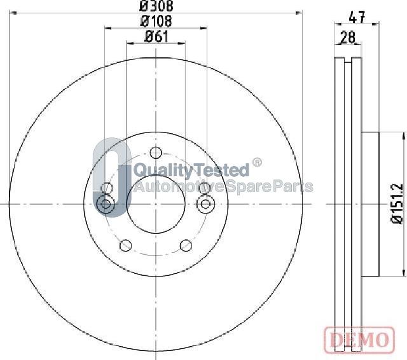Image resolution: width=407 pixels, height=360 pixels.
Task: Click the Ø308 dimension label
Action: tap(156, 6)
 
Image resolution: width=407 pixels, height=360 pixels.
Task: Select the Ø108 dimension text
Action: tap(156, 22)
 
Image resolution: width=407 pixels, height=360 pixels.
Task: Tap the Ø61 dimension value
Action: tap(156, 36)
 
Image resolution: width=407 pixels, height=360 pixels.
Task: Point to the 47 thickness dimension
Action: tap(357, 17)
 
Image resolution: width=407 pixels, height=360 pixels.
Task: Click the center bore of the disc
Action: tap(156, 204)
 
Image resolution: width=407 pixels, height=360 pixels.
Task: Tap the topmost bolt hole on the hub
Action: tap(156, 152)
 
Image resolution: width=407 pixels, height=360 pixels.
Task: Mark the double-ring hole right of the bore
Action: tap(205, 204)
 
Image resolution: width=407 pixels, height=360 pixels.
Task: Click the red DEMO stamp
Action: tap(359, 339)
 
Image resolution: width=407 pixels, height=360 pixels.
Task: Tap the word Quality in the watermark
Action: tap(159, 170)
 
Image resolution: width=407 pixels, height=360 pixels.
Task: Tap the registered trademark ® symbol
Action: tap(257, 162)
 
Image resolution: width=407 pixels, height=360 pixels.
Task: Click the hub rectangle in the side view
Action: tap(370, 204)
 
